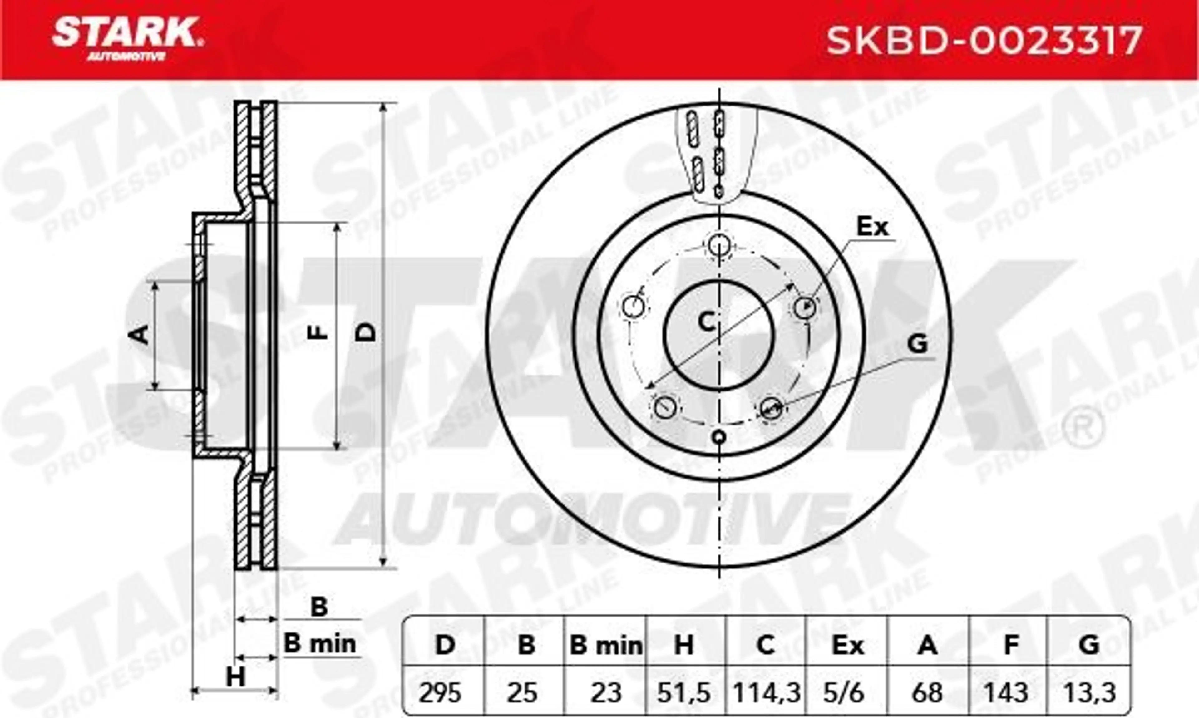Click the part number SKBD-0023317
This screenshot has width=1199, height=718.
(x=984, y=41)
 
